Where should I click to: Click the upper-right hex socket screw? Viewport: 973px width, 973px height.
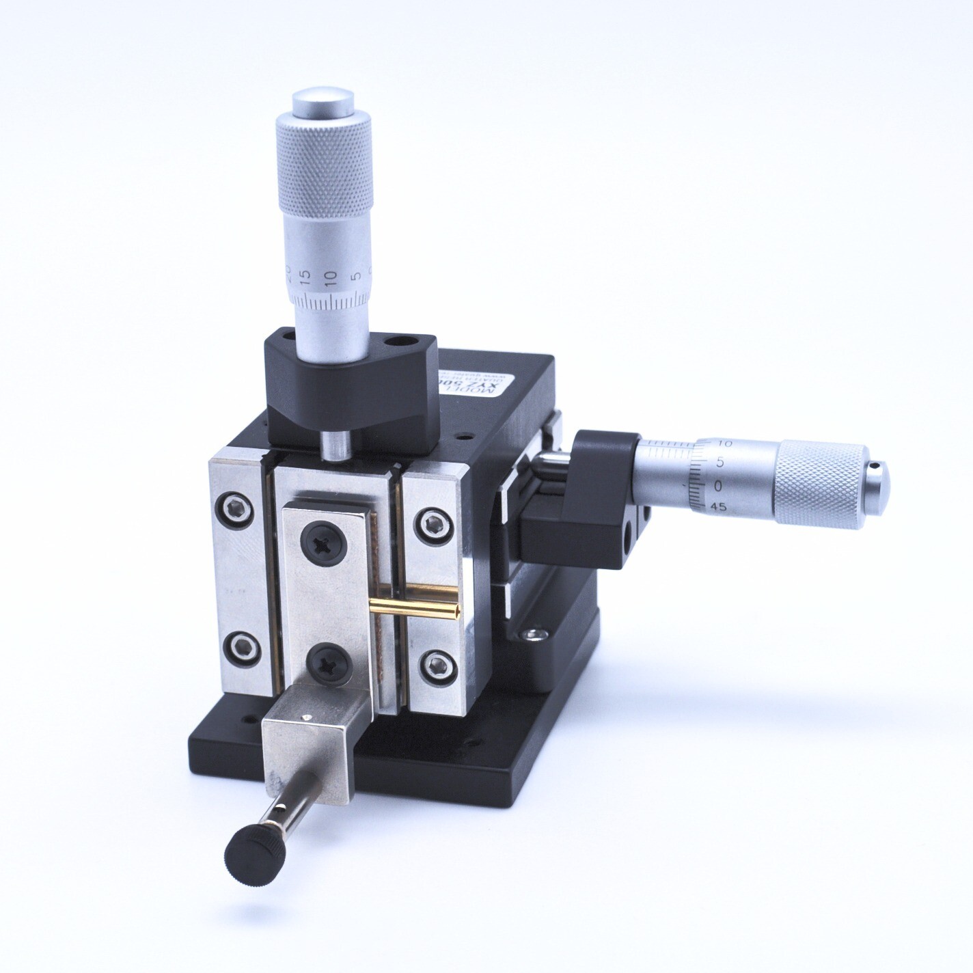(x=433, y=524)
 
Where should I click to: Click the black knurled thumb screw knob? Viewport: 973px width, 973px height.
(x=254, y=851)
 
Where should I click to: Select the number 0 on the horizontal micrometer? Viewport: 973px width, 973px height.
(x=698, y=484)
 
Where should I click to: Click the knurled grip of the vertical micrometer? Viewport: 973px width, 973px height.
(x=325, y=172)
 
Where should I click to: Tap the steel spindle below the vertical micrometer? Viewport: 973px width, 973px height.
(x=335, y=444)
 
